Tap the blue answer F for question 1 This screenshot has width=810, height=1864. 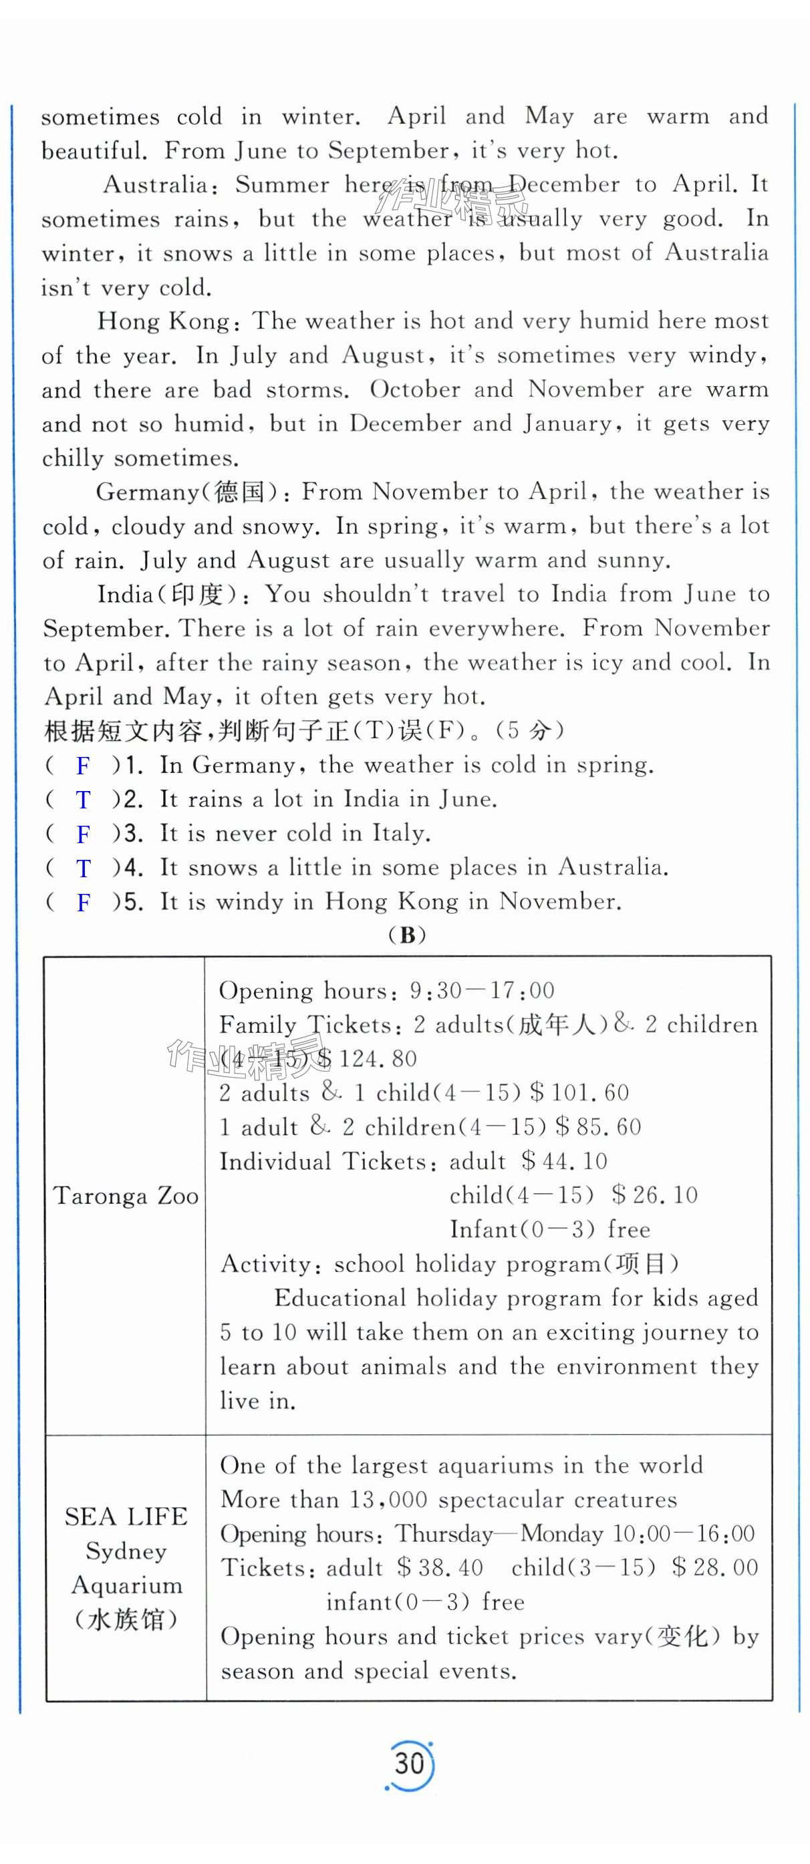pos(84,766)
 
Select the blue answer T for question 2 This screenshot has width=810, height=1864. pos(84,800)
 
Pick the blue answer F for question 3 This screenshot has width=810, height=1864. pos(84,834)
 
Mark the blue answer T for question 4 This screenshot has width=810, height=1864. pos(84,869)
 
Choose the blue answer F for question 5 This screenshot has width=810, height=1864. pos(84,903)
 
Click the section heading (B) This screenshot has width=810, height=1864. pos(407,935)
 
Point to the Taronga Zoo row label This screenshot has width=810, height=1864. pos(126,1196)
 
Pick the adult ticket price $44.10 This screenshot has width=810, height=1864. pos(565,1161)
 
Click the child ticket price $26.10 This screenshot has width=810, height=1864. pos(654,1195)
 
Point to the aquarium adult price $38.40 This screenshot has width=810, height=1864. pos(439,1567)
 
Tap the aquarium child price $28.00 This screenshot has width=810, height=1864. pos(714,1567)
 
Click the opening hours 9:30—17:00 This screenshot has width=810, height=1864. pos(482,991)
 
